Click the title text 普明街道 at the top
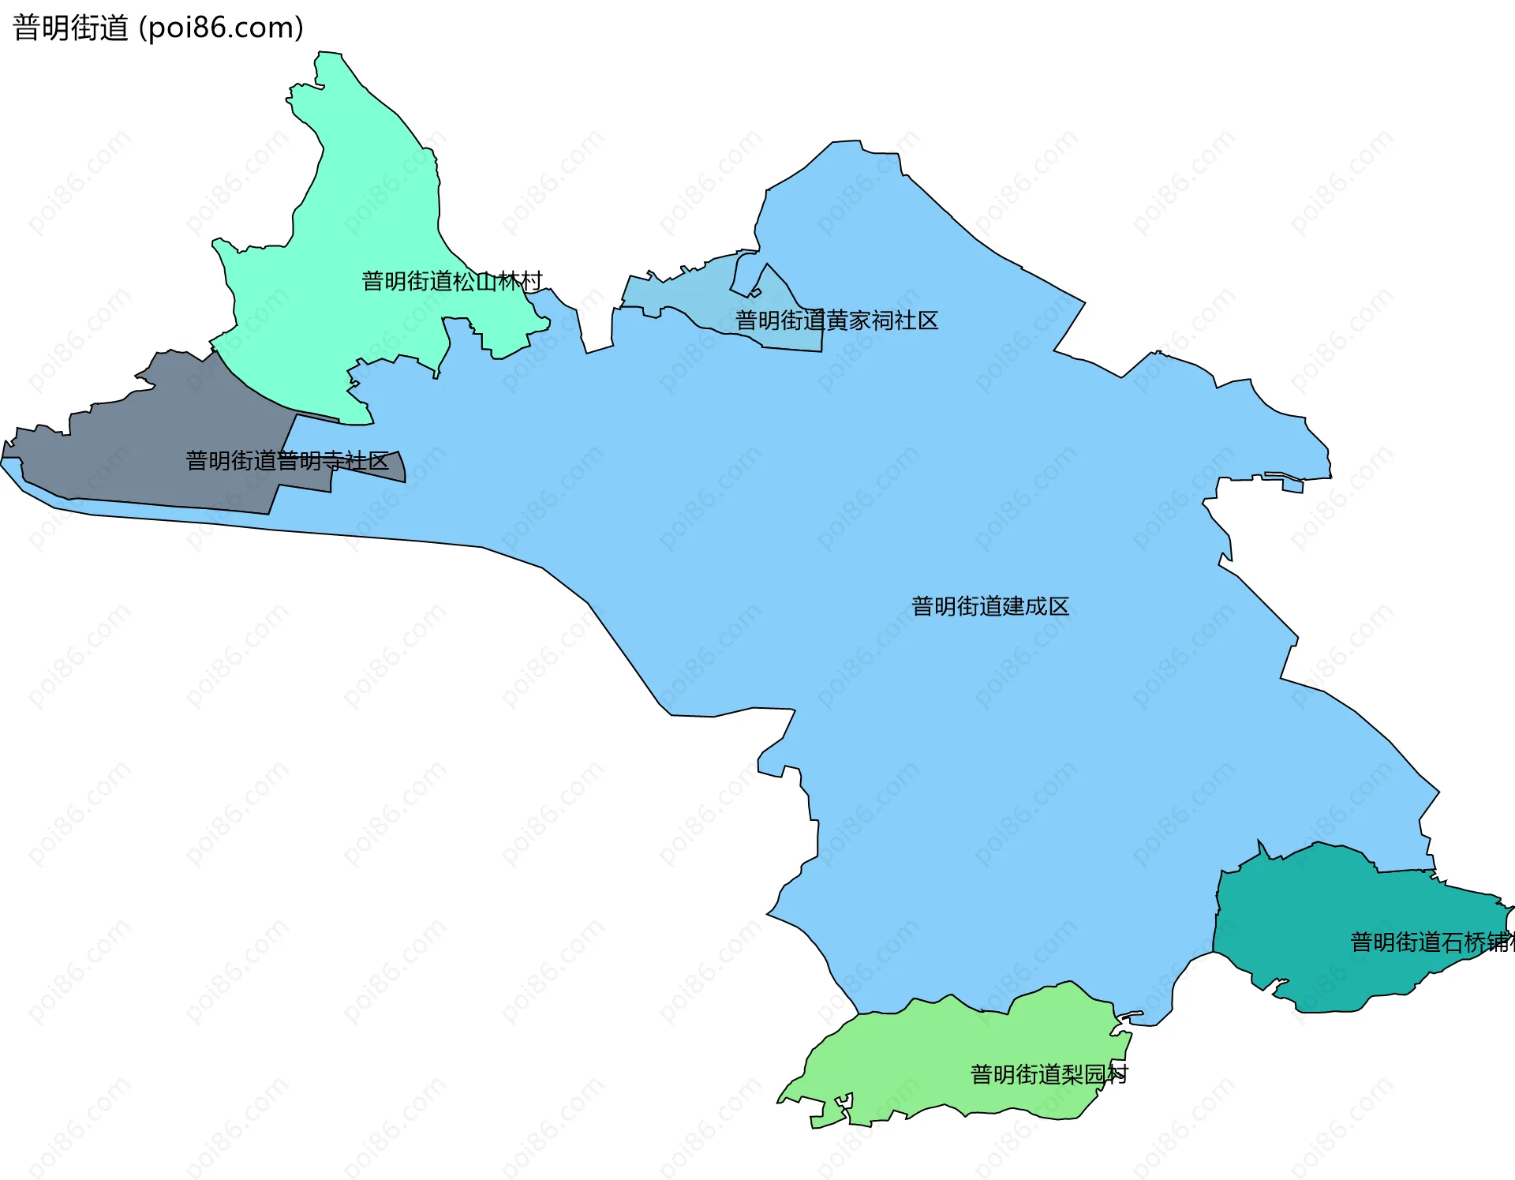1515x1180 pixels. [70, 28]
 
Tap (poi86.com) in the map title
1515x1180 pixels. [222, 28]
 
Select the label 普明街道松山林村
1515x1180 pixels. [452, 281]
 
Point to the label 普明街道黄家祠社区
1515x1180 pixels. [836, 320]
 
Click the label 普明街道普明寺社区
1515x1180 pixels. [287, 461]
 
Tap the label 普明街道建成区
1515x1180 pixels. [990, 606]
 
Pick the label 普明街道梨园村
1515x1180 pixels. [1049, 1074]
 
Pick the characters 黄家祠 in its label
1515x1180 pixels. [859, 320]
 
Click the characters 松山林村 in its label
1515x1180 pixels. [498, 281]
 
